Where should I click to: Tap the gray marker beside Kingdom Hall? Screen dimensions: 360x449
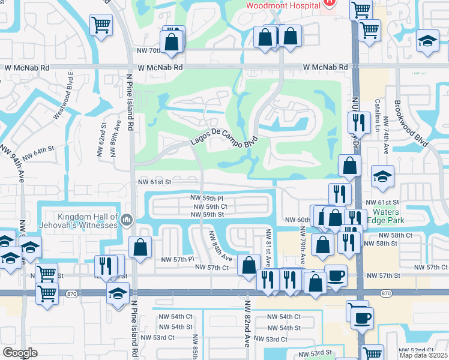tap(126, 220)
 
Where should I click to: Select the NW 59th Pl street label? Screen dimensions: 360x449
tap(206, 197)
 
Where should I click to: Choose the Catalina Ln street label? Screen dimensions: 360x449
tap(378, 117)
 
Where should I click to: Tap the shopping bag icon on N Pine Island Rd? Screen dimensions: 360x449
tap(140, 247)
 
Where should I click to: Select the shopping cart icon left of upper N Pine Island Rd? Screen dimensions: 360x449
tap(101, 25)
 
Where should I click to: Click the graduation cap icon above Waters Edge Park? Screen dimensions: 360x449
tap(382, 176)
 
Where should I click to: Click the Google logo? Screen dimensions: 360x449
tap(20, 353)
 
